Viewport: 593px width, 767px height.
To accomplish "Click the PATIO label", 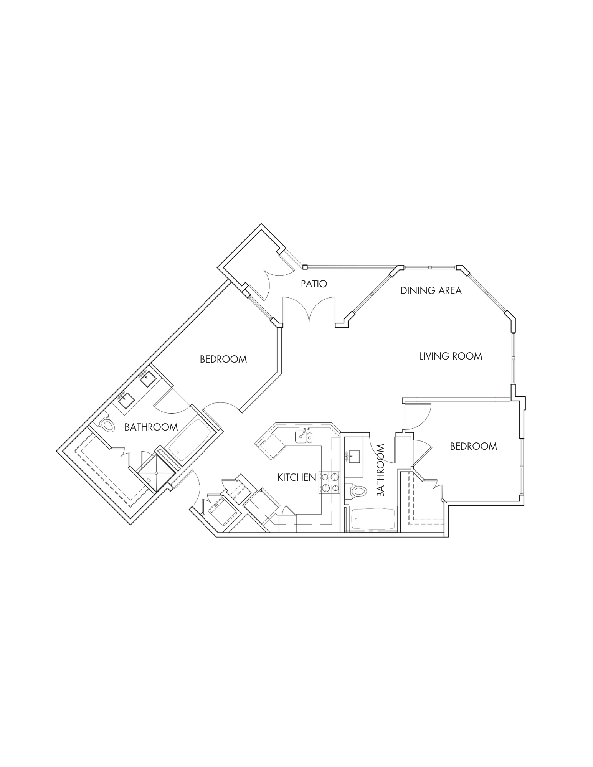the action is tap(314, 284).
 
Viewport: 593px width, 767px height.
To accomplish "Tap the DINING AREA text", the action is tap(431, 290).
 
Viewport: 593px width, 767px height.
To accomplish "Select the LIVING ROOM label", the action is tap(451, 356).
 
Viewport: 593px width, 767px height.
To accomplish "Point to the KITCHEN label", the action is tap(297, 477).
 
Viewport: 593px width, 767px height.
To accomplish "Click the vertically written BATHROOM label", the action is tap(380, 470).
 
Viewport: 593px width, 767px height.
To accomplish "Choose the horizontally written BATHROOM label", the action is tap(151, 427).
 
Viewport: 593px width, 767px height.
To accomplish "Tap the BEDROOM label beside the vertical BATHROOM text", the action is tap(473, 446).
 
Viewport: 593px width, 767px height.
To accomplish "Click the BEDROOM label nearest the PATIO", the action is tap(223, 359).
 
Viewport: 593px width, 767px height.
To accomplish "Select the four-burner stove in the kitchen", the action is tap(330, 482).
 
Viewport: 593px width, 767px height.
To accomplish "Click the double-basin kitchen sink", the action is tap(304, 437).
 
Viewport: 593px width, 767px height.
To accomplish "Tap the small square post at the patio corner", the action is tap(305, 267).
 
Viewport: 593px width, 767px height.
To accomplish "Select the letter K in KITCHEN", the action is tap(280, 477).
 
